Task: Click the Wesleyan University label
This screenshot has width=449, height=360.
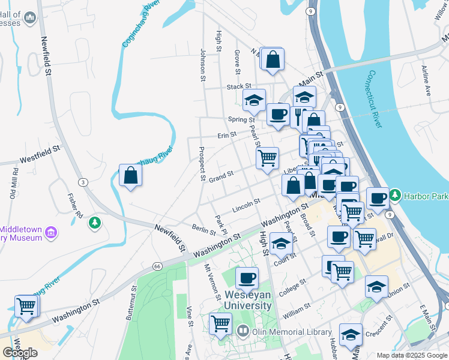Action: tap(249, 300)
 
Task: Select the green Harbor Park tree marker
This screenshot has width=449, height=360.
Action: tap(395, 195)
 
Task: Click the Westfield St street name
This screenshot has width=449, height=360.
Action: tap(41, 154)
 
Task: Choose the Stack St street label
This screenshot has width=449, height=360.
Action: tap(238, 87)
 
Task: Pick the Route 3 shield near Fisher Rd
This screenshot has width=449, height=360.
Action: tap(83, 182)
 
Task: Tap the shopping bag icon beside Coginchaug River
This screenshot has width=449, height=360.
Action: tap(130, 176)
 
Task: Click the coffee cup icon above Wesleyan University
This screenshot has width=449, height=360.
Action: tap(247, 278)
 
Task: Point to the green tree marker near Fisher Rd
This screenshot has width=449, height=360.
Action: tap(94, 223)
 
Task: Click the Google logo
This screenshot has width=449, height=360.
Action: tap(20, 352)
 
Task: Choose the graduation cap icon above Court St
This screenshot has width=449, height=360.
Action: tap(281, 243)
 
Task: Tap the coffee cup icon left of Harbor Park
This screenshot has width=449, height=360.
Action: tap(377, 197)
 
